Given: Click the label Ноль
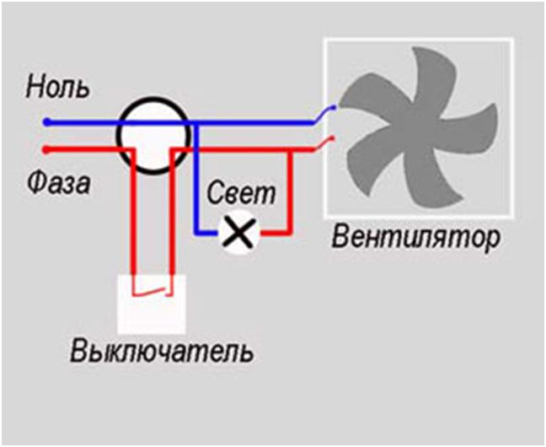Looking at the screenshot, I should (x=57, y=87).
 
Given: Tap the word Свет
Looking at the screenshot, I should (x=242, y=193).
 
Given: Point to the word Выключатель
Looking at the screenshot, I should (x=161, y=350).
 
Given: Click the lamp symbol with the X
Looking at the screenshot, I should (x=239, y=232).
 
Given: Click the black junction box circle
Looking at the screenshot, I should (x=151, y=136).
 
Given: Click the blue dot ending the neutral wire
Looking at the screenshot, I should (x=46, y=121).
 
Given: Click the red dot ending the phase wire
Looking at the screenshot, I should (x=46, y=150).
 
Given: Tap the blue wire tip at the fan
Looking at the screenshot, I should (x=335, y=108).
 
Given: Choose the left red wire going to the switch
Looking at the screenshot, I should (x=132, y=219).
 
